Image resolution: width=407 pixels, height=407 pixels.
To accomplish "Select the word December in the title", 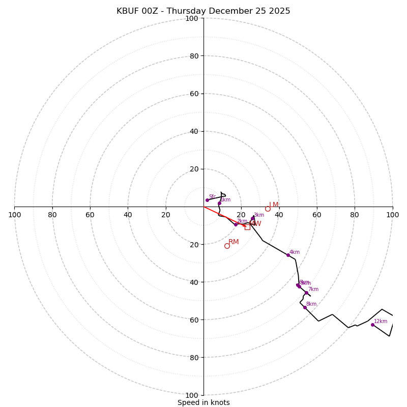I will click(x=228, y=11).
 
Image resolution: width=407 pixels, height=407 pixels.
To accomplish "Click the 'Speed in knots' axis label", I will click(x=203, y=402).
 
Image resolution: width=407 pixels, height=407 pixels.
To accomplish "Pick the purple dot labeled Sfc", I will click(x=207, y=200).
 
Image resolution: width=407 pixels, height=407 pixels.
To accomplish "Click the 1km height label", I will click(x=225, y=200).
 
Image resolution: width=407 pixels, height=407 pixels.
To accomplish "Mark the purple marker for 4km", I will click(x=288, y=255).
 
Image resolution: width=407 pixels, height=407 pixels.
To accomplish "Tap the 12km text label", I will click(x=381, y=322).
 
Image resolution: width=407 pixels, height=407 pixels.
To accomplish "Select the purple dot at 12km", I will click(x=372, y=325).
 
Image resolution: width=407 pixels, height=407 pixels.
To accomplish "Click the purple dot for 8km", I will click(x=305, y=307).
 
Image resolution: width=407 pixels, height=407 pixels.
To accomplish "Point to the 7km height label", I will click(x=313, y=289).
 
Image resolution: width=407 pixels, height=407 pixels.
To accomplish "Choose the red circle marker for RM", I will click(x=227, y=246).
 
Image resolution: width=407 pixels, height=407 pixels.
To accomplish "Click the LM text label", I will click(x=274, y=205).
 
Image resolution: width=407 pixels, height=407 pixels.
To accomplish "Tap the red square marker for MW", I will click(x=247, y=227).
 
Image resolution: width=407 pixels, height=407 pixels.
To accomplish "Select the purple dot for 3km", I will click(x=252, y=218).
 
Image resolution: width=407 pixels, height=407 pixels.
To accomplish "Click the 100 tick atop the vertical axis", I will click(x=191, y=18).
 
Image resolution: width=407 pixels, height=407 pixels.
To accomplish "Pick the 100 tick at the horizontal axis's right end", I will click(x=393, y=215).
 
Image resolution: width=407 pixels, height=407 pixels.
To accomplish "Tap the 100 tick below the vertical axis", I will click(x=191, y=395).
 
